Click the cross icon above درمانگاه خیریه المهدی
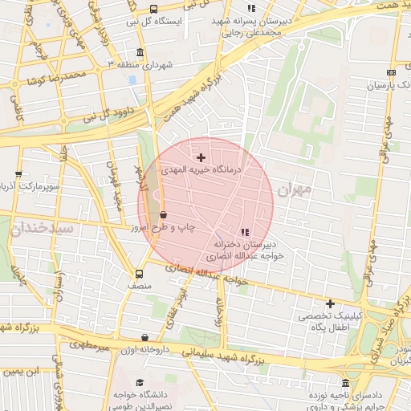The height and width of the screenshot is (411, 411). point(201,157)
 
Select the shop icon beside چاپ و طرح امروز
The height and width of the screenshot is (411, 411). point(164,215)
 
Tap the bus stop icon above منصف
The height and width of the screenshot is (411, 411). point(140,273)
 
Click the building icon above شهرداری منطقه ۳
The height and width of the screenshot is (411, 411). point(140,53)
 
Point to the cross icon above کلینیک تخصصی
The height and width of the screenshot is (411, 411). point(330,303)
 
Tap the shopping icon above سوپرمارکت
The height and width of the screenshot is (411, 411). point(18,173)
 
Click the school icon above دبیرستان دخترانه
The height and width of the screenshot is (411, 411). point(245,231)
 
